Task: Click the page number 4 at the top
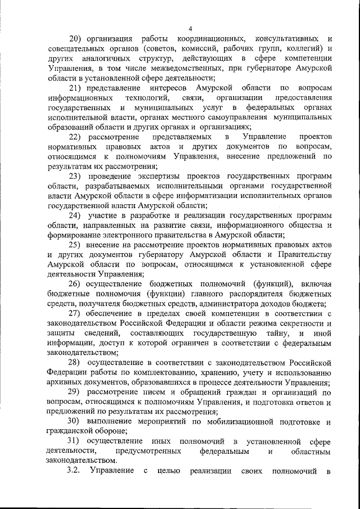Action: (190, 29)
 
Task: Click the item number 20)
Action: (76, 39)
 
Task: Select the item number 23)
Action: (76, 175)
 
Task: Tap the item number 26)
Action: (77, 283)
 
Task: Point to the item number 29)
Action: (77, 392)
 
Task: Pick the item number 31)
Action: (76, 440)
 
